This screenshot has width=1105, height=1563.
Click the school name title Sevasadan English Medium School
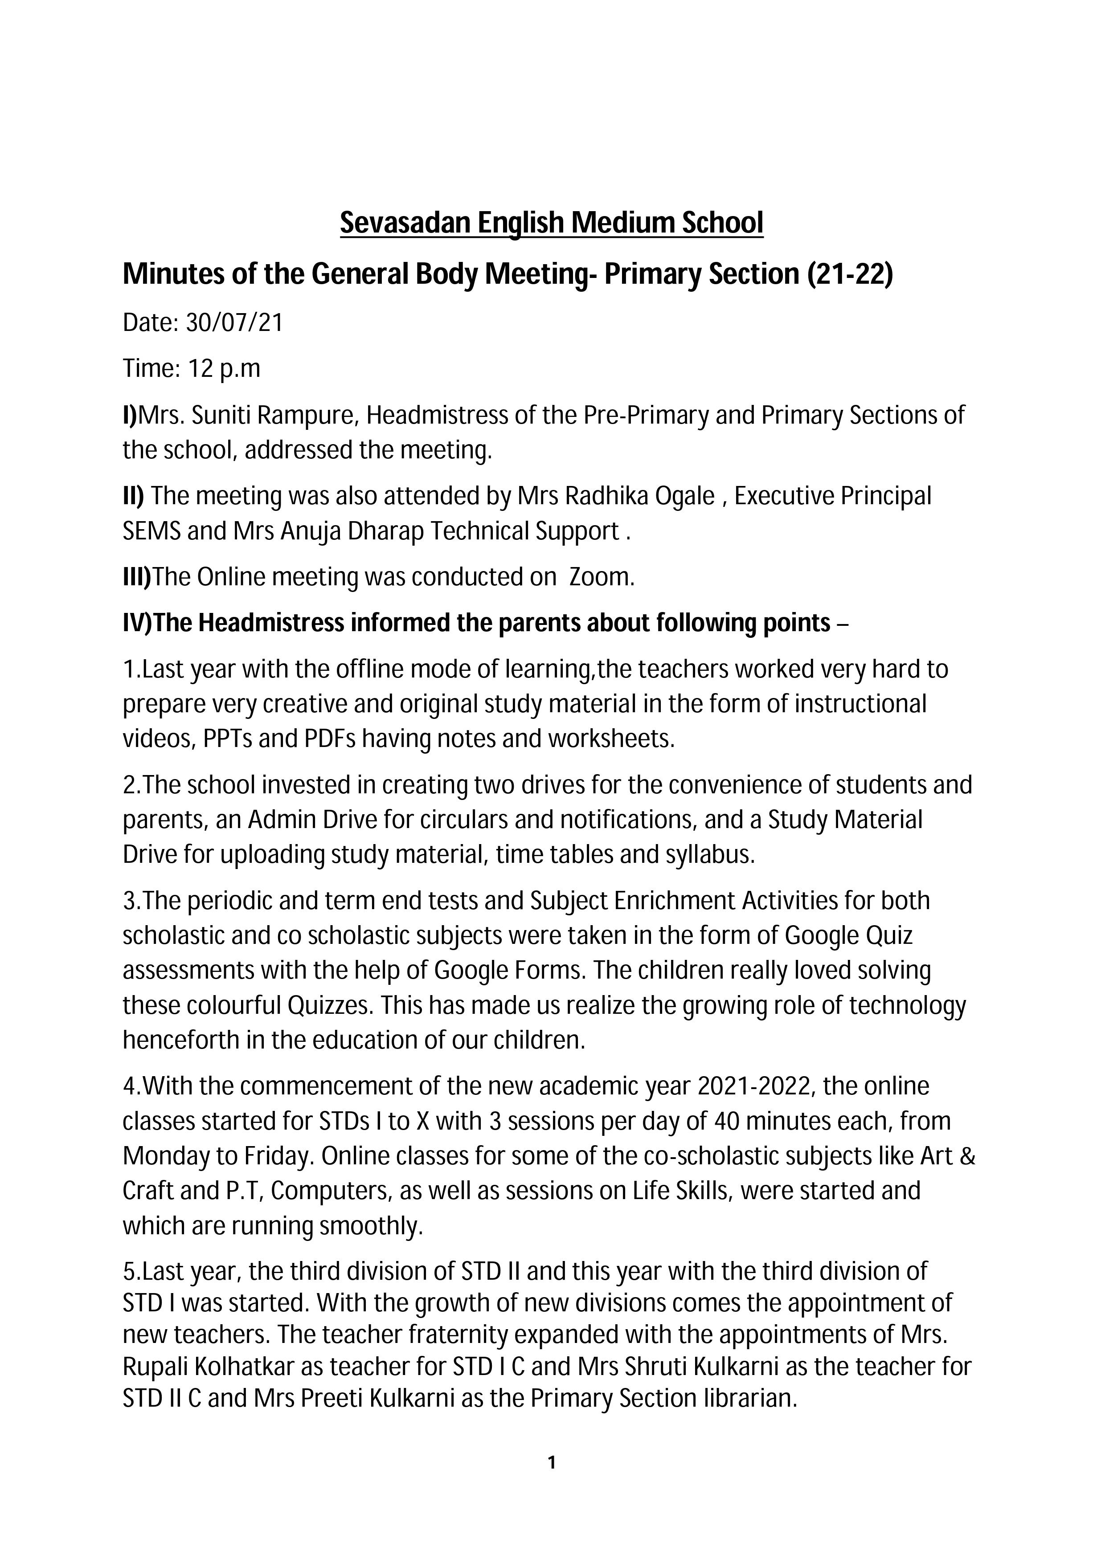tap(552, 223)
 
